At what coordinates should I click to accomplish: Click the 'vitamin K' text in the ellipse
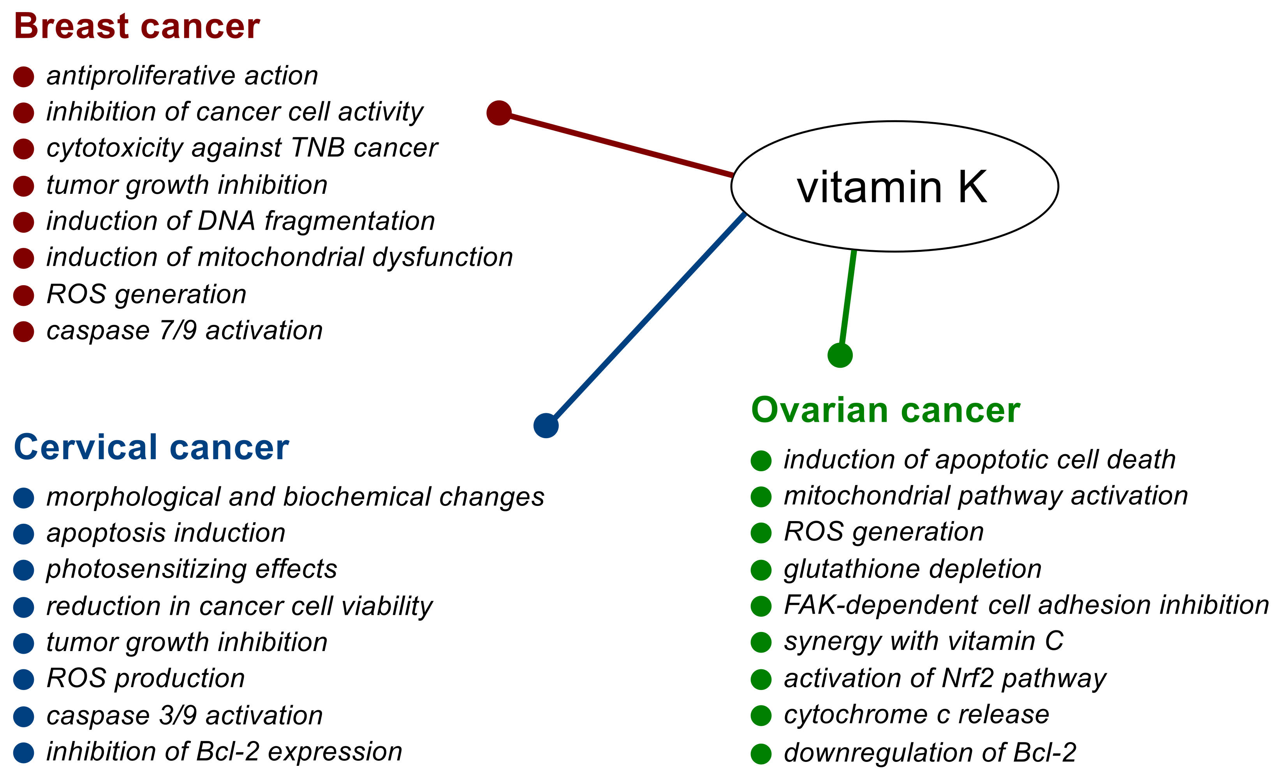click(892, 187)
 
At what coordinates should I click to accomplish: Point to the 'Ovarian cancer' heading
click(885, 411)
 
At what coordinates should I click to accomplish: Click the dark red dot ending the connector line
click(499, 113)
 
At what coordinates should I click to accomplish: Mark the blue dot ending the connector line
click(546, 425)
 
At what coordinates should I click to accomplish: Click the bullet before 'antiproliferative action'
click(24, 77)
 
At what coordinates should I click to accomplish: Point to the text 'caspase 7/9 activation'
click(185, 331)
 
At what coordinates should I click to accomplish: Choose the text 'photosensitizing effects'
click(192, 569)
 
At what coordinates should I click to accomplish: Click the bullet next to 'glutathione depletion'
click(761, 570)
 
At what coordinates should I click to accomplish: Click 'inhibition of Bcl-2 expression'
click(224, 752)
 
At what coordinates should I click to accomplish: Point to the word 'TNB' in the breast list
click(318, 148)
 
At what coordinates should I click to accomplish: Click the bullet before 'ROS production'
click(24, 679)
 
